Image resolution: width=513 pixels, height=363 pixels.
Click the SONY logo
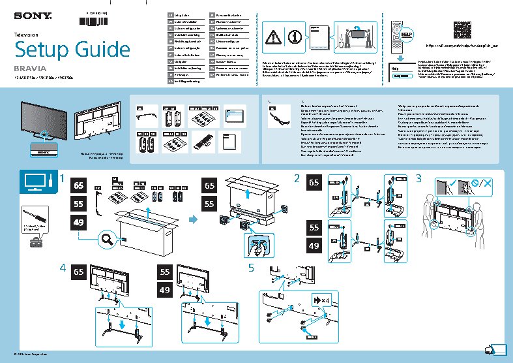(x=29, y=12)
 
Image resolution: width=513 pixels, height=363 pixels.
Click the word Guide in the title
(x=100, y=50)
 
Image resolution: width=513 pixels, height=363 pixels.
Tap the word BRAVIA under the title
(x=27, y=68)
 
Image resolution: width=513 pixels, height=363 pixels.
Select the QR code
(x=463, y=29)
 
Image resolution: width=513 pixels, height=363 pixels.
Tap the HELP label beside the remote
(x=407, y=32)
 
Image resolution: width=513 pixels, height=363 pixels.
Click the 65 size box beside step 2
(x=315, y=183)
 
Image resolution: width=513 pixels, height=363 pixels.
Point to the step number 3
(x=419, y=178)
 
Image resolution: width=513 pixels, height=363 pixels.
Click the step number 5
(x=252, y=268)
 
